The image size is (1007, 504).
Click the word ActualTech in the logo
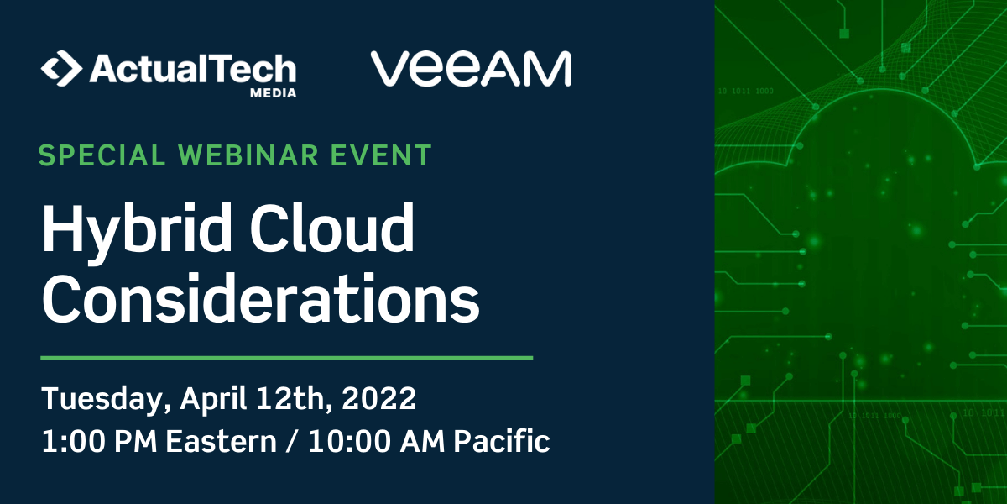click(192, 68)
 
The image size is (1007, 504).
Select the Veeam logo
click(471, 69)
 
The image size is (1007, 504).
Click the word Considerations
click(261, 300)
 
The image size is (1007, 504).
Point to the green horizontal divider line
click(286, 358)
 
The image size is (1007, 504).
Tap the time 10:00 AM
click(377, 441)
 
